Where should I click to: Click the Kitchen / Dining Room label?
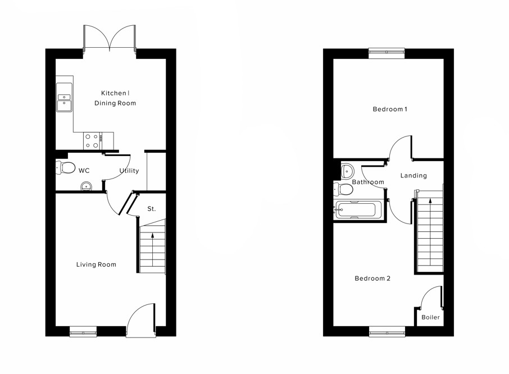click(118, 98)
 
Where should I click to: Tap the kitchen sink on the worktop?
click(64, 99)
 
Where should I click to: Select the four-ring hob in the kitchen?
click(92, 141)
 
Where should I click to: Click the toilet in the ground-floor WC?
click(66, 167)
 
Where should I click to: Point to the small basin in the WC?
click(86, 186)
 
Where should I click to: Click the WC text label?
click(84, 171)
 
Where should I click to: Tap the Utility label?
click(129, 171)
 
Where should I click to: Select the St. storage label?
click(152, 209)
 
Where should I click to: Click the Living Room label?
click(96, 264)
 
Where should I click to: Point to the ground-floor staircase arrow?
click(152, 247)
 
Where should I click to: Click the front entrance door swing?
click(140, 320)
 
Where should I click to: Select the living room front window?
click(83, 332)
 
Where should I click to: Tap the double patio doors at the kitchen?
click(110, 38)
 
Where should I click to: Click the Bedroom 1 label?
click(390, 109)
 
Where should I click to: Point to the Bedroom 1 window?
click(387, 52)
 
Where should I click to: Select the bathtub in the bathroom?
click(357, 210)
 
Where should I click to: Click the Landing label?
click(413, 176)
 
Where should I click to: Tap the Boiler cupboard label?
click(431, 317)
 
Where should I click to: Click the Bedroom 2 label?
click(372, 279)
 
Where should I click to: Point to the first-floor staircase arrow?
click(430, 225)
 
